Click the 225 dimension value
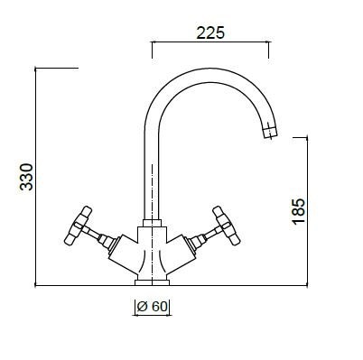[210, 32]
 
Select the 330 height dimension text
[26, 177]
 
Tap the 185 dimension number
[298, 211]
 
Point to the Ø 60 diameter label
[152, 307]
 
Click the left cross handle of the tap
[78, 226]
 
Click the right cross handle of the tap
[227, 226]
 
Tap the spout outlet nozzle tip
[270, 133]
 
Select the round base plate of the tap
[152, 282]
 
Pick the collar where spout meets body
[152, 223]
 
